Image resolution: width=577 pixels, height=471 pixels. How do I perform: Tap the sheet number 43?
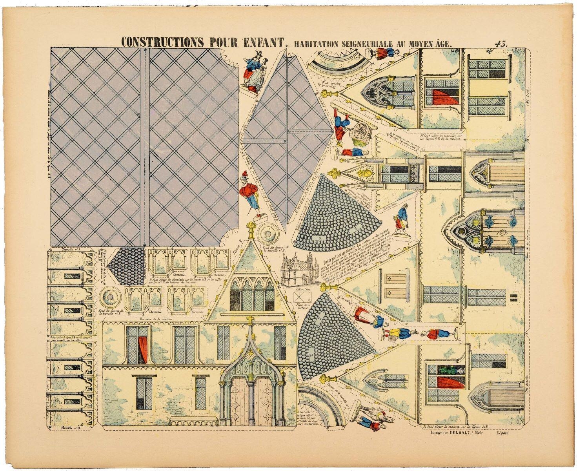[x=500, y=43]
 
